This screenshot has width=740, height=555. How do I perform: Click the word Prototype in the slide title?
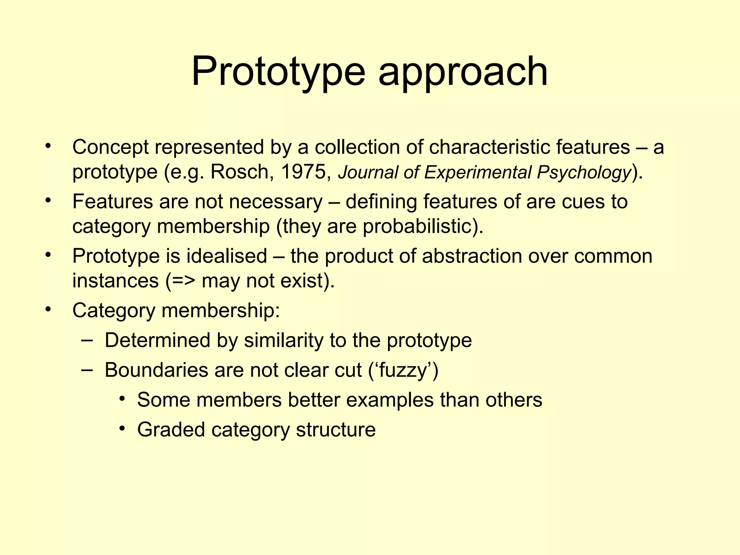coord(278,72)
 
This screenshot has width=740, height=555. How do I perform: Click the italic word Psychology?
coord(584,173)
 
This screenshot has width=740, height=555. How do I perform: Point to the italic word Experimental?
coord(478,173)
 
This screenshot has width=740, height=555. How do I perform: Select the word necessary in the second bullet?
coord(276,202)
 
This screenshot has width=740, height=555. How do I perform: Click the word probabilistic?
coord(418,227)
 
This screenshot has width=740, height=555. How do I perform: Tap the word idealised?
coord(227,256)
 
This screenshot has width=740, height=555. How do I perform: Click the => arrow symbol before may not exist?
coord(183,281)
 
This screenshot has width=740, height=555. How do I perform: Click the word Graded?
coord(171,430)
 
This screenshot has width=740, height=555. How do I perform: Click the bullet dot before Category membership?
coord(48,309)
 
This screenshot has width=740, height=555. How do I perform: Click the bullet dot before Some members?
coord(123,399)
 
